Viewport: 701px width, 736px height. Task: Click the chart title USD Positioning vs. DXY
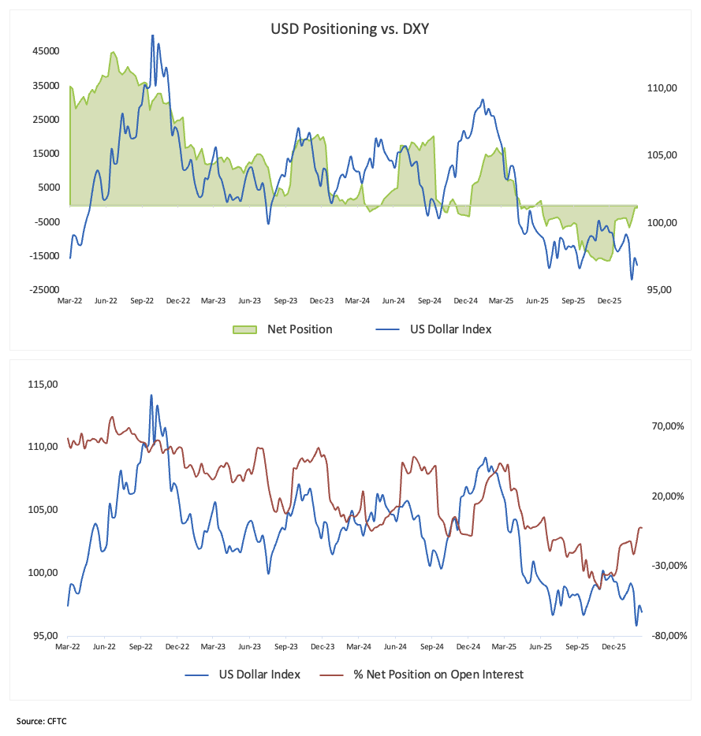pos(349,29)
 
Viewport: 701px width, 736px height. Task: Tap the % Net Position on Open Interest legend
pos(438,675)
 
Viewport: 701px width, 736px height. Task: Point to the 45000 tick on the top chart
pos(45,51)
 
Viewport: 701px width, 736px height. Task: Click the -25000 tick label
pos(44,290)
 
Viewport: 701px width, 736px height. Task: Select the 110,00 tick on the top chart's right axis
pos(662,89)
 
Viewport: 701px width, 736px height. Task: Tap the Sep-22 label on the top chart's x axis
pos(142,301)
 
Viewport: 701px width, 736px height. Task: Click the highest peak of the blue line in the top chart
pos(152,35)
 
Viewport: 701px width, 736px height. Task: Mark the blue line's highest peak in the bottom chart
pos(151,395)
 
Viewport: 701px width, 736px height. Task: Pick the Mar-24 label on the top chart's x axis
pos(357,301)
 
